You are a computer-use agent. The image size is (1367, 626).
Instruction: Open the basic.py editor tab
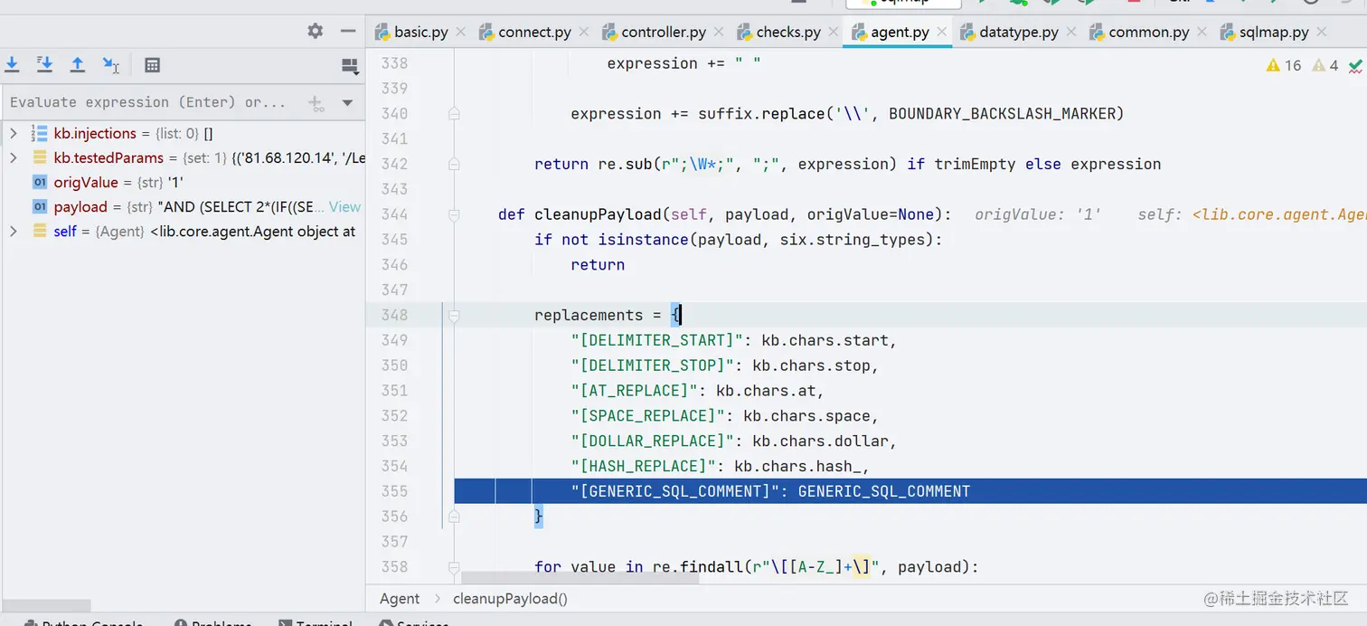coord(420,33)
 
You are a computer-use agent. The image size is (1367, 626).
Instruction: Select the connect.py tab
coord(533,33)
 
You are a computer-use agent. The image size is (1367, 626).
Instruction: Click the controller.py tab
coord(663,33)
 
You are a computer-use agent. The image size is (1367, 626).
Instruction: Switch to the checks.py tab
coord(787,33)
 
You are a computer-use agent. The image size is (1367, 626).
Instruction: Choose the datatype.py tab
coord(1018,33)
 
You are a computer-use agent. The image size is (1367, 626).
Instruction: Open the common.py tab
coord(1148,33)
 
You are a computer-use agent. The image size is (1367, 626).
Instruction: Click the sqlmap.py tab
coord(1273,33)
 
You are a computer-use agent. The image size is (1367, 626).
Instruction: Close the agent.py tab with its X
coord(942,33)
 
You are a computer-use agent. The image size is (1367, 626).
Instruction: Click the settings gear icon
coord(315,31)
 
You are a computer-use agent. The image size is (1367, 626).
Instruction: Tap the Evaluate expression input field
coord(149,103)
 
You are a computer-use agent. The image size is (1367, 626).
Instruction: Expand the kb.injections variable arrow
coord(14,134)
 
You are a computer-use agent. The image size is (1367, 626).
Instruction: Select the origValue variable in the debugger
coord(86,183)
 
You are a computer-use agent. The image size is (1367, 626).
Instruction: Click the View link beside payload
coord(344,207)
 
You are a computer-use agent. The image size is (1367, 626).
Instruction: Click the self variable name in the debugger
coord(65,232)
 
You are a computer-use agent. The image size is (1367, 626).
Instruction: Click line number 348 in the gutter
coord(393,315)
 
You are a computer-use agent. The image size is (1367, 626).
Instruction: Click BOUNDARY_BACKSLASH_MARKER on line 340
coord(1005,114)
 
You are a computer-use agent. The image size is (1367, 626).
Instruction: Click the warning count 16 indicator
coord(1284,66)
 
